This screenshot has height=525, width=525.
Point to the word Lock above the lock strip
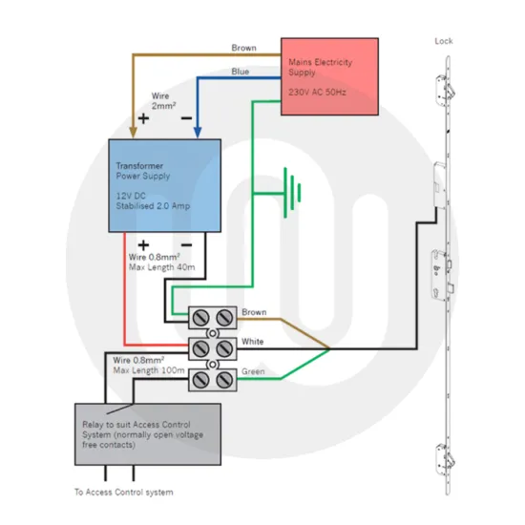click(444, 41)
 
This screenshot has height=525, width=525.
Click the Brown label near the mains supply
click(244, 48)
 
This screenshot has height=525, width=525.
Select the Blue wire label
click(241, 72)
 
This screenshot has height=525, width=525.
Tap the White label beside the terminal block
click(254, 341)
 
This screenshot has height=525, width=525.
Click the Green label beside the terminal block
click(254, 372)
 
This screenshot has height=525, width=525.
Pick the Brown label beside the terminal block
click(255, 312)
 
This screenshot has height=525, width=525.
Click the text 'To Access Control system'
click(124, 493)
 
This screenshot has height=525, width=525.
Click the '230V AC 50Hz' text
click(319, 93)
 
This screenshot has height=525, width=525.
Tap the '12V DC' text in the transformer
click(131, 195)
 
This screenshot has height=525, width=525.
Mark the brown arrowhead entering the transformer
click(131, 133)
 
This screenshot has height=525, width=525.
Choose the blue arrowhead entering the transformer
click(197, 133)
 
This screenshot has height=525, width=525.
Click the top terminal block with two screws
click(214, 316)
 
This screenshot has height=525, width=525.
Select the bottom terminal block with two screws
click(214, 378)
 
